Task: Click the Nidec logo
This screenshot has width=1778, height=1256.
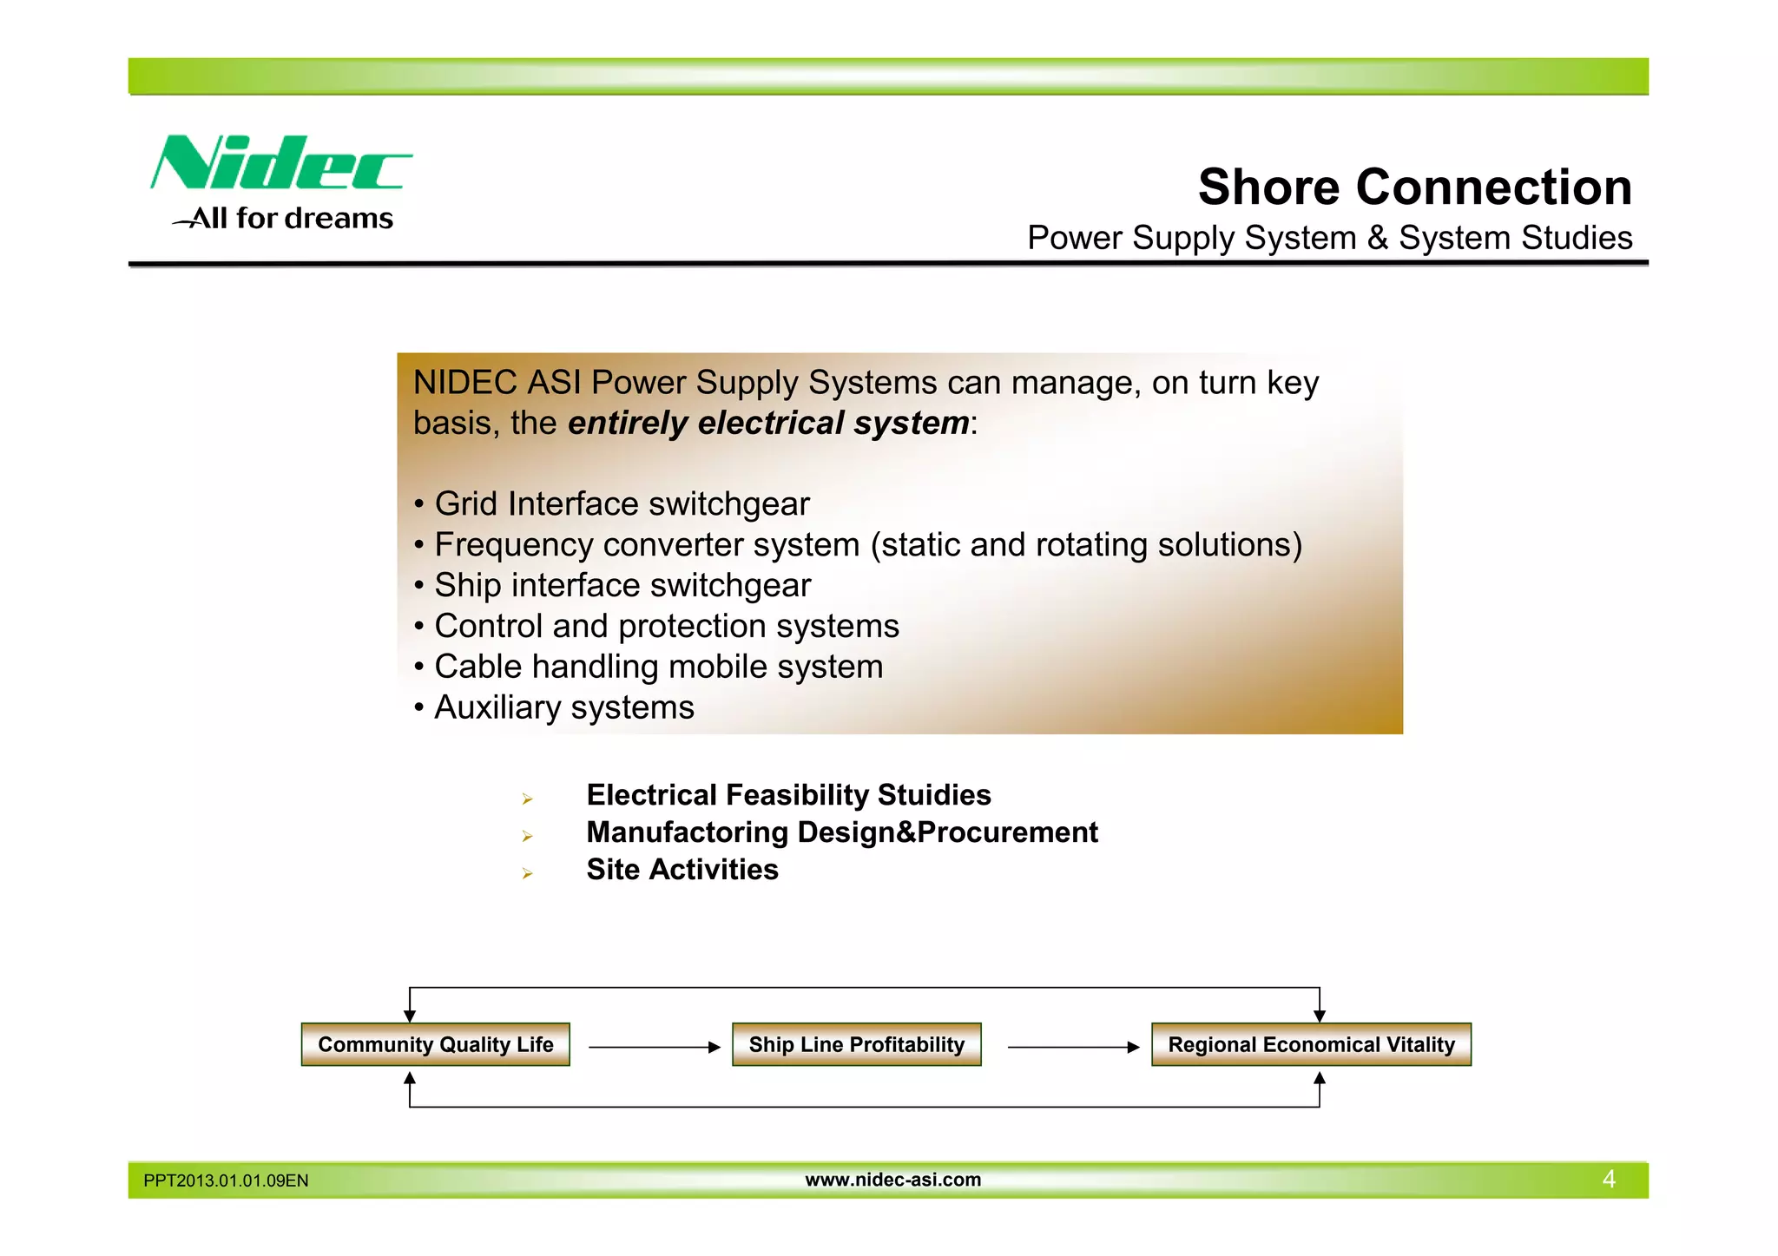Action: pyautogui.click(x=280, y=162)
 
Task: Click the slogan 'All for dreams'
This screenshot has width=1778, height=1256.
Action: pyautogui.click(x=284, y=219)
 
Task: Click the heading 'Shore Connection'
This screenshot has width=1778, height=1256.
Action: pyautogui.click(x=1414, y=187)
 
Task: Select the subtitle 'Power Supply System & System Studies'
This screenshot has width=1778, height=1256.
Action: pyautogui.click(x=1329, y=238)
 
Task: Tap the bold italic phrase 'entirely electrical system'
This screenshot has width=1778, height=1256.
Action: pyautogui.click(x=768, y=423)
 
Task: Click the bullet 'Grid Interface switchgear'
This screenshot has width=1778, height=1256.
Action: pyautogui.click(x=621, y=503)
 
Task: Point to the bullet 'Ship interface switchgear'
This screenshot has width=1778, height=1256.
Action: pyautogui.click(x=622, y=585)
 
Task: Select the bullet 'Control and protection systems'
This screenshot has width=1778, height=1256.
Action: pyautogui.click(x=666, y=626)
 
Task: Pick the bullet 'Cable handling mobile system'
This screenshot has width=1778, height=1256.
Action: pyautogui.click(x=658, y=667)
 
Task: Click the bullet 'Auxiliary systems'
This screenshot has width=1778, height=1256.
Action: pyautogui.click(x=563, y=707)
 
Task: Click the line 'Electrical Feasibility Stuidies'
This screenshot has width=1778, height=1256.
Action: pyautogui.click(x=788, y=795)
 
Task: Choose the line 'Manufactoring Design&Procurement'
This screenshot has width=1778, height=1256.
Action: pyautogui.click(x=841, y=832)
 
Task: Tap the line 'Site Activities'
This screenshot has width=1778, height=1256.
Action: pyautogui.click(x=682, y=870)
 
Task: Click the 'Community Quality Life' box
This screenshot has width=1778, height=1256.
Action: pyautogui.click(x=435, y=1044)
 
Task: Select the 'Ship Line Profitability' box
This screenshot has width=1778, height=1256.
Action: pyautogui.click(x=856, y=1044)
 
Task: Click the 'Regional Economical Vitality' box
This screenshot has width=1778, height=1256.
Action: pyautogui.click(x=1311, y=1044)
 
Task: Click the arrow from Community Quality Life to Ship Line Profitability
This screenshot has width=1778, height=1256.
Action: pyautogui.click(x=654, y=1048)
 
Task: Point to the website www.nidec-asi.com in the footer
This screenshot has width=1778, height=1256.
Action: pyautogui.click(x=892, y=1180)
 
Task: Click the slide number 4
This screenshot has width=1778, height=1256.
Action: pyautogui.click(x=1608, y=1180)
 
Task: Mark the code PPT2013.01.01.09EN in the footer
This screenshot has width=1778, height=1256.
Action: pyautogui.click(x=226, y=1180)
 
